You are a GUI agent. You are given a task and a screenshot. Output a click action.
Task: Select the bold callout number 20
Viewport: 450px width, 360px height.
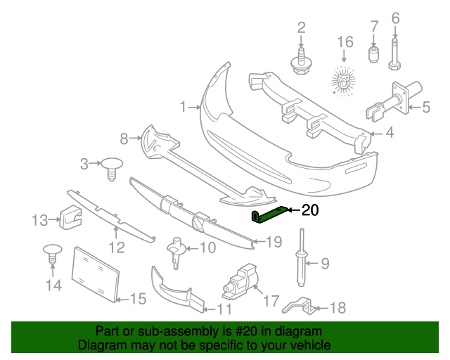(x=310, y=210)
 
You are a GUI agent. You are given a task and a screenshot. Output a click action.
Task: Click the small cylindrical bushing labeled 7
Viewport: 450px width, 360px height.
(x=373, y=54)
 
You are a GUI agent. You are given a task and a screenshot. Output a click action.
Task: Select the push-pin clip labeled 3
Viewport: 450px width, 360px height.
(x=112, y=169)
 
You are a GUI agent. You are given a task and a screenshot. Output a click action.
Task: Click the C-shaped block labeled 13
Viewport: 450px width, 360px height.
(x=70, y=218)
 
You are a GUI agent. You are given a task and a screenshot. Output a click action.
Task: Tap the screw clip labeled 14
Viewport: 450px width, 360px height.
(x=53, y=255)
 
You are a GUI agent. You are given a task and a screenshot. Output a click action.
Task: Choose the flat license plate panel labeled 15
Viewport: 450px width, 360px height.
(x=96, y=274)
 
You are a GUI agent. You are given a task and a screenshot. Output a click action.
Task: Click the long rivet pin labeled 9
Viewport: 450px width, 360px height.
(x=302, y=257)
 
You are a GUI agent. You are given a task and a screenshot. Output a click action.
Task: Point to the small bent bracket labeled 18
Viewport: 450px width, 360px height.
(x=299, y=306)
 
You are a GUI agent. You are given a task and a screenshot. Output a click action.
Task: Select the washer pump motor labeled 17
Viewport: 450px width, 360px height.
(x=240, y=282)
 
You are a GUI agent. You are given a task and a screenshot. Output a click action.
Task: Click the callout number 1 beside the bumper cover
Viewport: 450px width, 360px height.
(x=183, y=107)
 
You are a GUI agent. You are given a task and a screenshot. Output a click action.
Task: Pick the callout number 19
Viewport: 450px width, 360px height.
(x=274, y=242)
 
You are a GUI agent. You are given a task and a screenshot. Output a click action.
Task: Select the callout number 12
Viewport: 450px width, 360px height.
(x=117, y=247)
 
